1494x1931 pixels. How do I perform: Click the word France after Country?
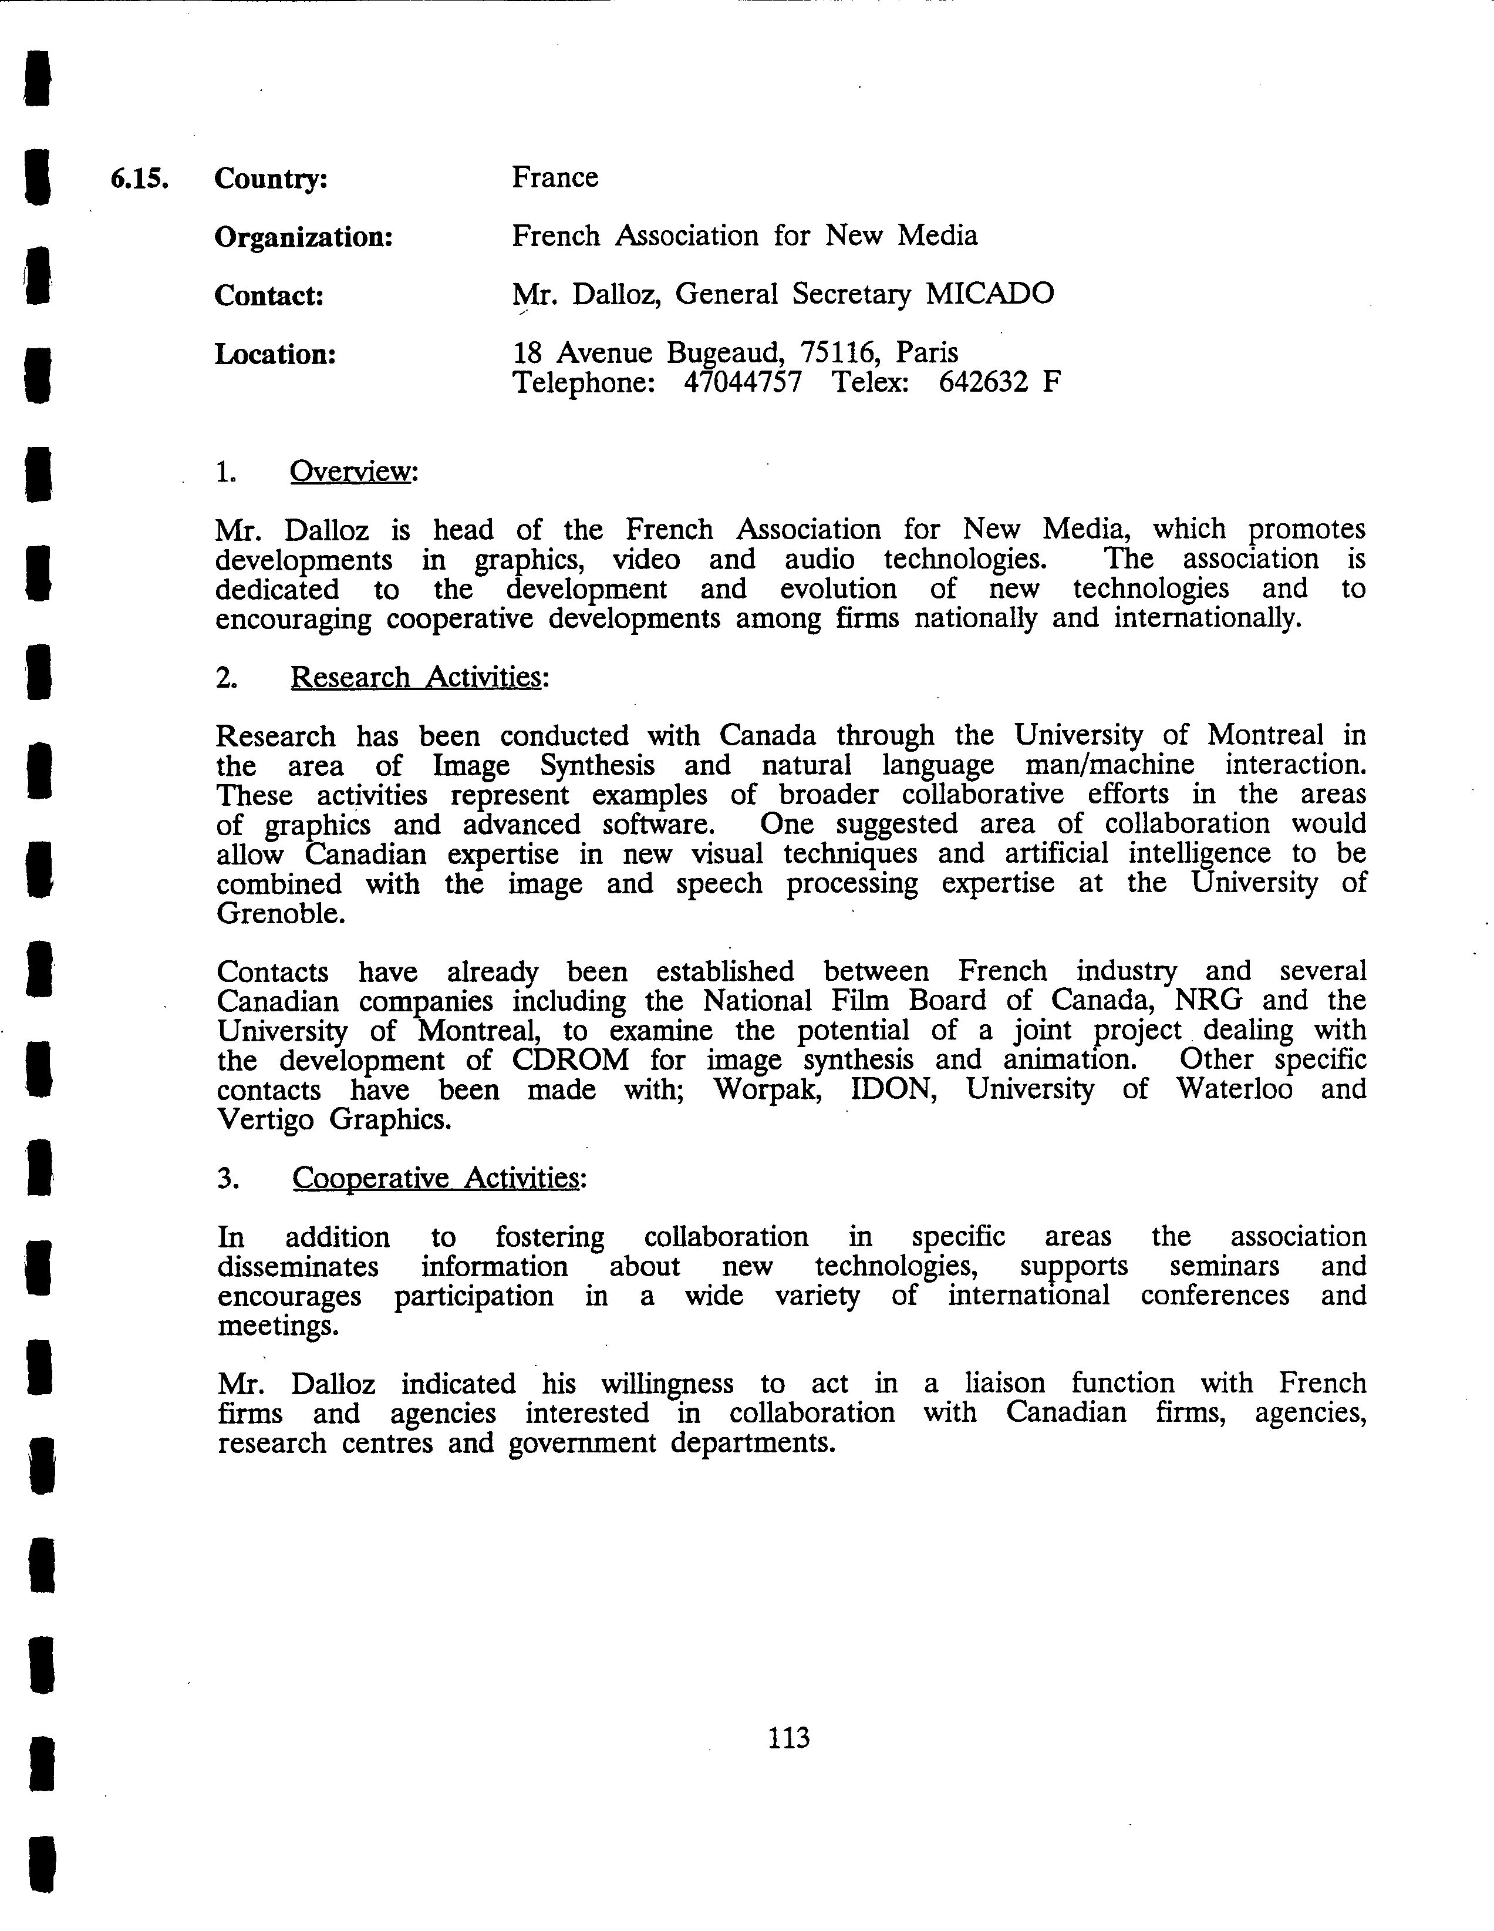pyautogui.click(x=554, y=178)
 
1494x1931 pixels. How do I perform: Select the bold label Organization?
pyautogui.click(x=303, y=237)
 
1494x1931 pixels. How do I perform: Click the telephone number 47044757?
pyautogui.click(x=743, y=383)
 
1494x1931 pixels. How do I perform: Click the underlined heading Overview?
pyautogui.click(x=351, y=472)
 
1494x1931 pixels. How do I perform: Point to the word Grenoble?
pyautogui.click(x=280, y=913)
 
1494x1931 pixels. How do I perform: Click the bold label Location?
pyautogui.click(x=275, y=355)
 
